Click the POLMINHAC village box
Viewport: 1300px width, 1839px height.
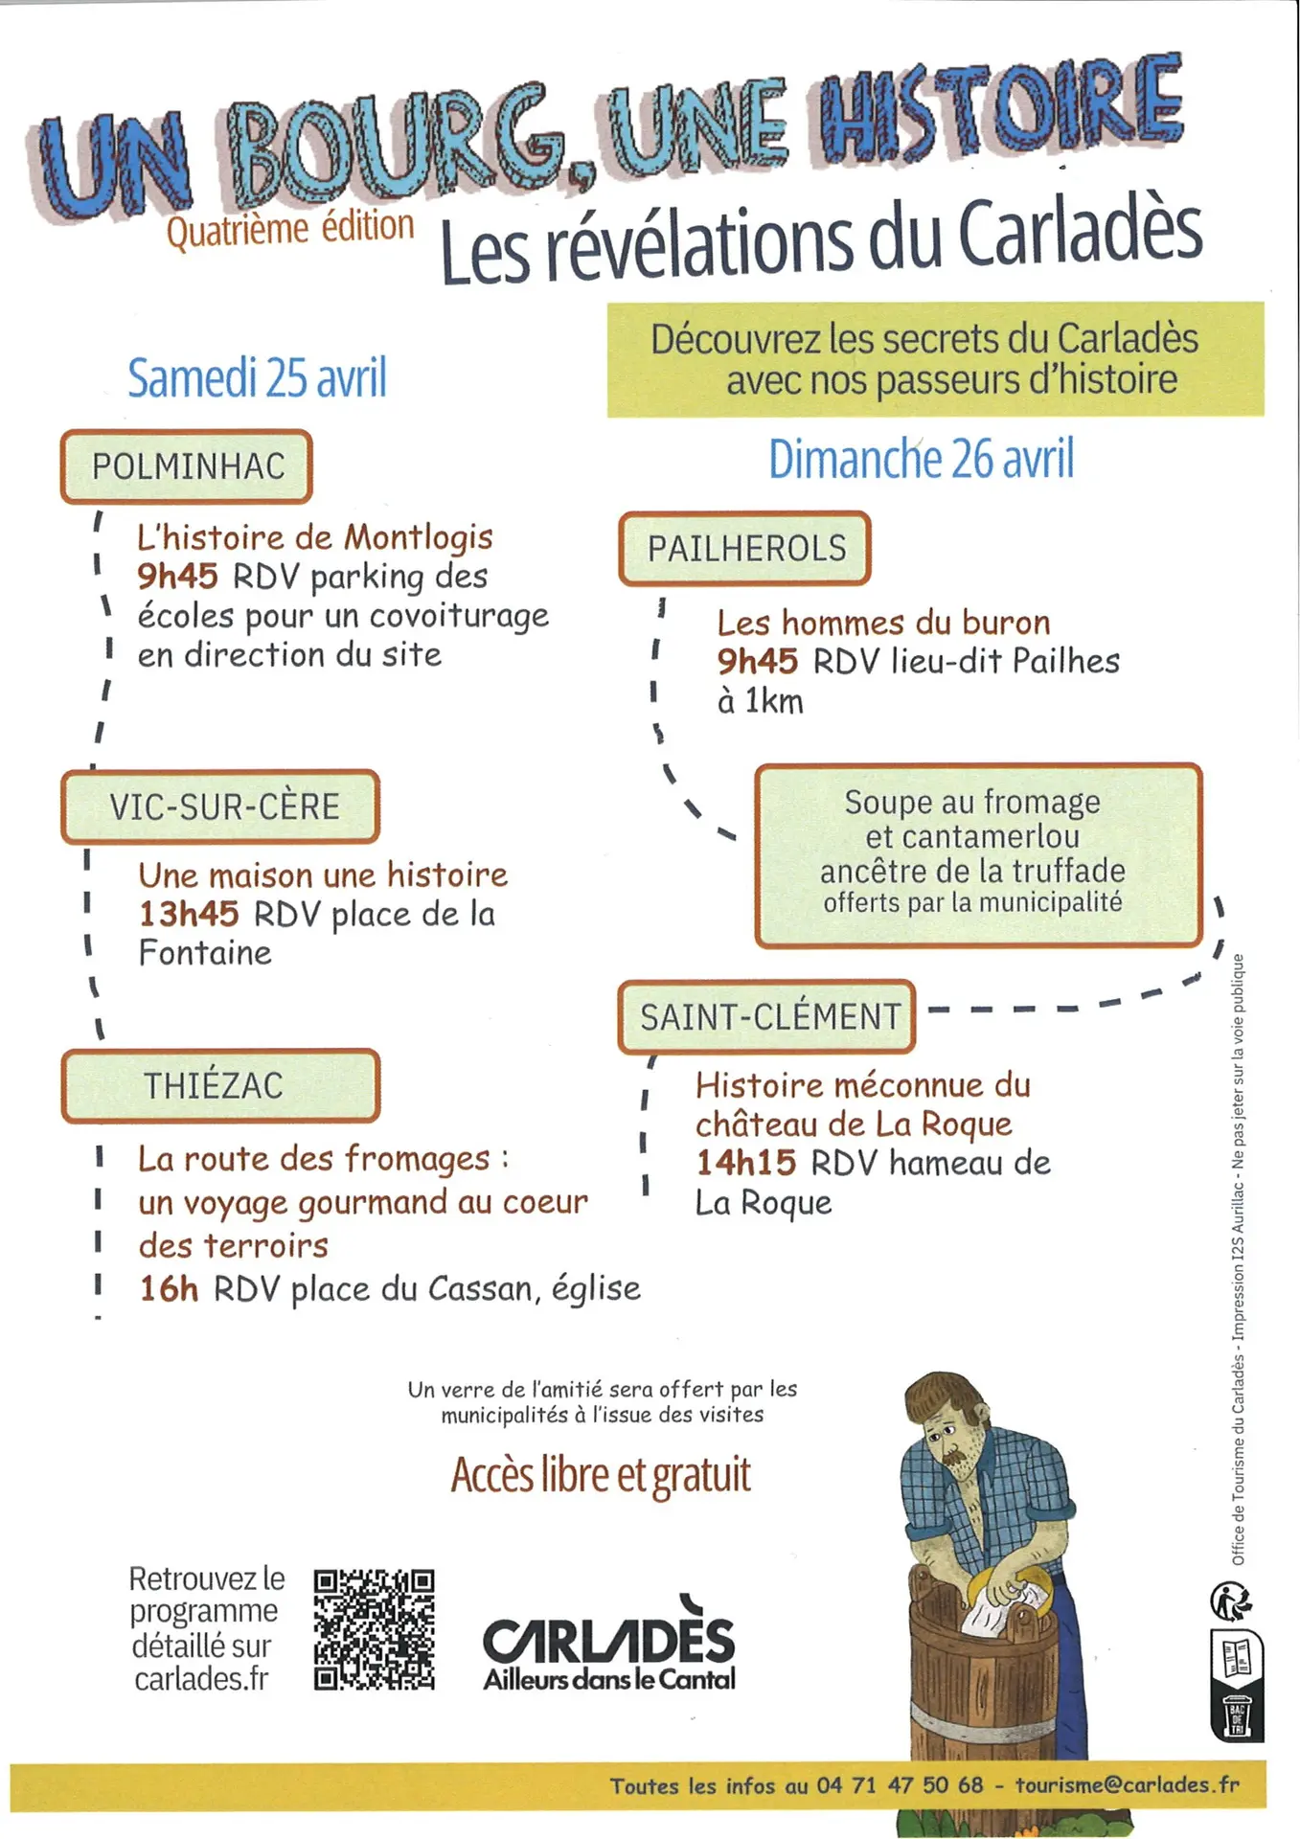[187, 466]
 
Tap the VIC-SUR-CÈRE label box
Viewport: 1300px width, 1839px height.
[221, 806]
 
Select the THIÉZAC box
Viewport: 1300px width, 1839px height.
[221, 1085]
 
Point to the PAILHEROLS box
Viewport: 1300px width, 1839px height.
[745, 549]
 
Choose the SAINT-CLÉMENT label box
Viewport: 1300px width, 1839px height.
[767, 1016]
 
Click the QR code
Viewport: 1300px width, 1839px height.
[374, 1628]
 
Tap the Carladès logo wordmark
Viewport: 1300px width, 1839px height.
[609, 1640]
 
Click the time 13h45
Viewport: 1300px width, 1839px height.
[189, 914]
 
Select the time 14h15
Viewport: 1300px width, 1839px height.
[745, 1163]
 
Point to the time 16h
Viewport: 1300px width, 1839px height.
[169, 1288]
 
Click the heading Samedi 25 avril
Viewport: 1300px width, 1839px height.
[257, 377]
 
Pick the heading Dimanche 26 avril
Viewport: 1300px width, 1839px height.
[921, 459]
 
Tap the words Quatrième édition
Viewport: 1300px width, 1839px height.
[290, 229]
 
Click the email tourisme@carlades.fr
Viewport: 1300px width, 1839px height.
[1127, 1784]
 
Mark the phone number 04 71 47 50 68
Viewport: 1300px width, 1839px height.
[900, 1785]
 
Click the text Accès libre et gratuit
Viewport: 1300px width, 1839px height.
[601, 1475]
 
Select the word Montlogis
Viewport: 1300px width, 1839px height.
[418, 538]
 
